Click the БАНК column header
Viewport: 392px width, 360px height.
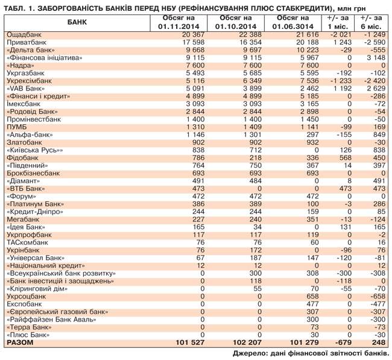[x=77, y=22]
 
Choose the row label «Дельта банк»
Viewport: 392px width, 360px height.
[x=28, y=50]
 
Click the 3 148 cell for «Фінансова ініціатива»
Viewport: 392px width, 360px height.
[x=374, y=58]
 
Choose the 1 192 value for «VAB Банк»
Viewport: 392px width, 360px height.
[x=340, y=89]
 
